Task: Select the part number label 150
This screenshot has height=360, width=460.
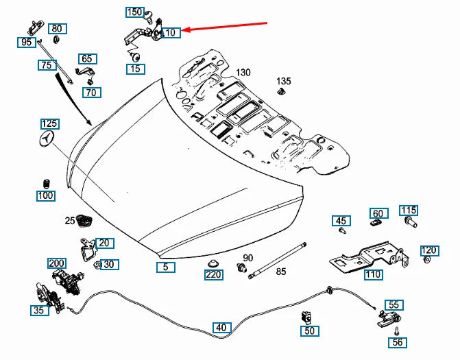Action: pyautogui.click(x=134, y=12)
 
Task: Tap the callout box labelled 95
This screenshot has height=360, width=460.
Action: pyautogui.click(x=27, y=43)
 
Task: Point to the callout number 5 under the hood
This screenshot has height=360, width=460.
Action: pyautogui.click(x=165, y=267)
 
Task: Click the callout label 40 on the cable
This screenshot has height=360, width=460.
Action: pyautogui.click(x=220, y=327)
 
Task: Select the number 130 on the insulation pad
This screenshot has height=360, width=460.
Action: pyautogui.click(x=244, y=73)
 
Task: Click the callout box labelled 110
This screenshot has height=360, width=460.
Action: pyautogui.click(x=374, y=275)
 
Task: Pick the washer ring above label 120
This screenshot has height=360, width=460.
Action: pyautogui.click(x=428, y=261)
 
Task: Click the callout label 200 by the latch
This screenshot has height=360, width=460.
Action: pyautogui.click(x=56, y=263)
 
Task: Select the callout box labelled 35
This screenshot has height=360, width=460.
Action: pyautogui.click(x=39, y=311)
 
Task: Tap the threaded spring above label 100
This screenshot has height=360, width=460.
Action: pyautogui.click(x=47, y=183)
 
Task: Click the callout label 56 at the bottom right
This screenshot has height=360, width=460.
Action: pyautogui.click(x=398, y=342)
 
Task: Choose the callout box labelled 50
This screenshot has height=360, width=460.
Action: pyautogui.click(x=309, y=331)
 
